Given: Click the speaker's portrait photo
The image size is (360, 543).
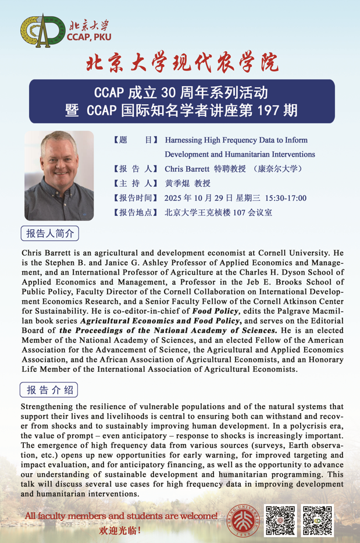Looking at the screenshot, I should [59, 176].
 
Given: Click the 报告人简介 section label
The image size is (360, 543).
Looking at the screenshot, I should [51, 233].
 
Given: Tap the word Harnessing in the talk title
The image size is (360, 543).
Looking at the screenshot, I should [184, 141].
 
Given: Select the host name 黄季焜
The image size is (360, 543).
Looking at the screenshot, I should [177, 184].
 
